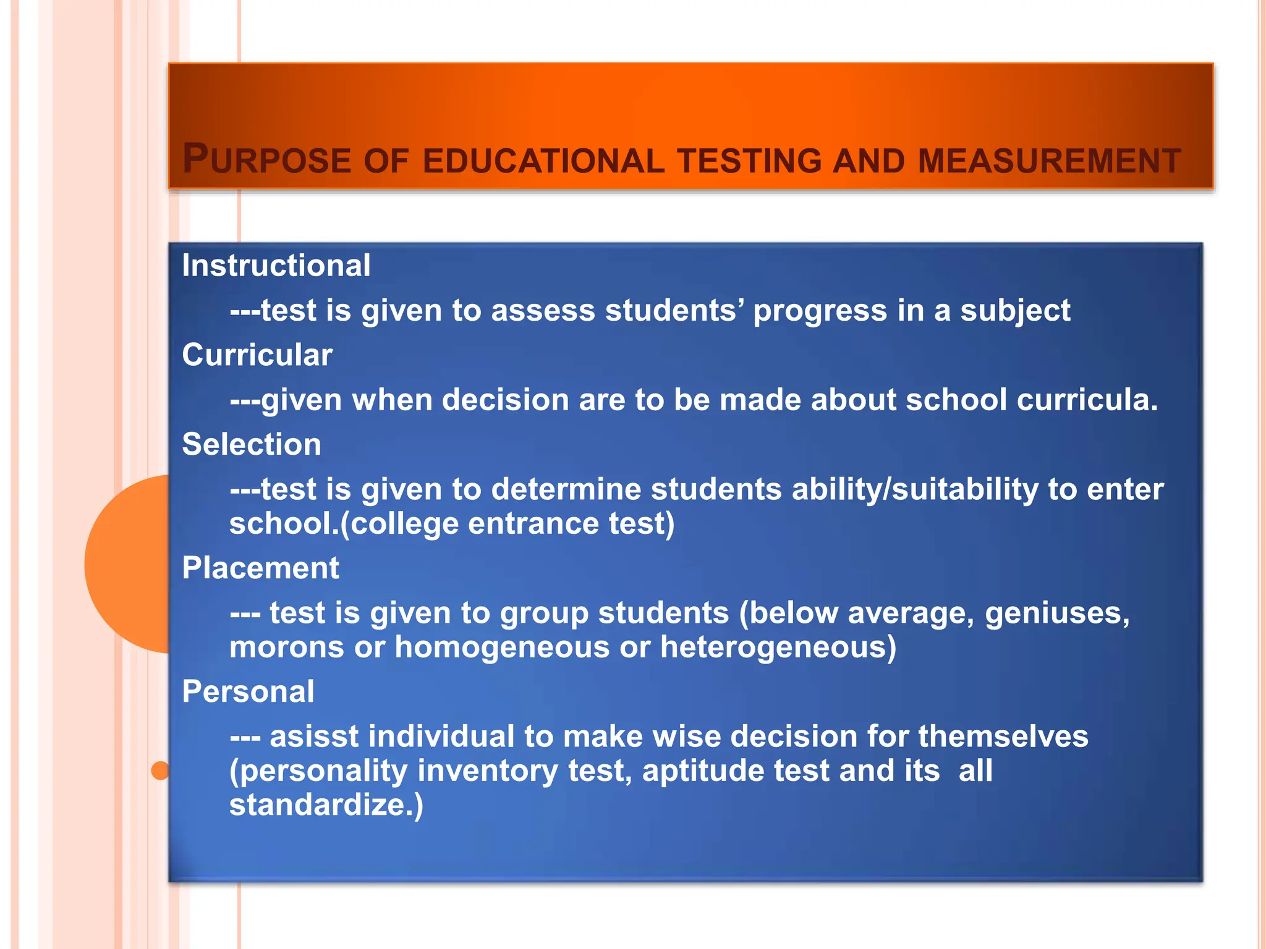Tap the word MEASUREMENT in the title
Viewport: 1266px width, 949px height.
coord(1049,161)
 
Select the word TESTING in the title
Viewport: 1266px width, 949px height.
coord(749,161)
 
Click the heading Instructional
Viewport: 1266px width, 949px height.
coord(276,266)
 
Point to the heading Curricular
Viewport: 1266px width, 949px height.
coord(257,355)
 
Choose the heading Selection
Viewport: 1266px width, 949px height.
coord(252,445)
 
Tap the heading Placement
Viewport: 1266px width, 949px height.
coord(260,568)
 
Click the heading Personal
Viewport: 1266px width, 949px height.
coord(248,692)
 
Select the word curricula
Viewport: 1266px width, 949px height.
coord(1087,400)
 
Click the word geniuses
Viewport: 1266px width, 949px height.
coord(1057,614)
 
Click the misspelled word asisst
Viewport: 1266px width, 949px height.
coord(314,737)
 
